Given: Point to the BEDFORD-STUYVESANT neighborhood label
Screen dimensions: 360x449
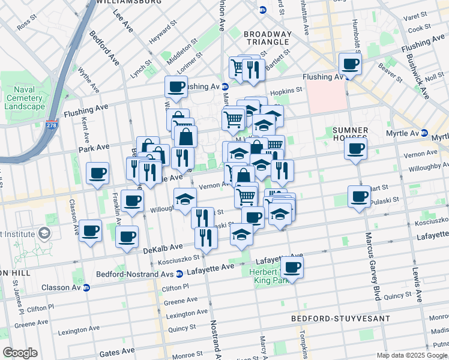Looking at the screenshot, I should pos(332,318).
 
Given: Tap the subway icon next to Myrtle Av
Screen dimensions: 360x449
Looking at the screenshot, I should pos(424,133).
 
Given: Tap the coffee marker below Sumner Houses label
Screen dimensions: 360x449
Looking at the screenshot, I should pos(355,148).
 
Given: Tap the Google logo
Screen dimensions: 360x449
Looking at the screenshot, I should pos(20,353).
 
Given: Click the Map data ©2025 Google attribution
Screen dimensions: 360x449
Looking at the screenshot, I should pos(411,355).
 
